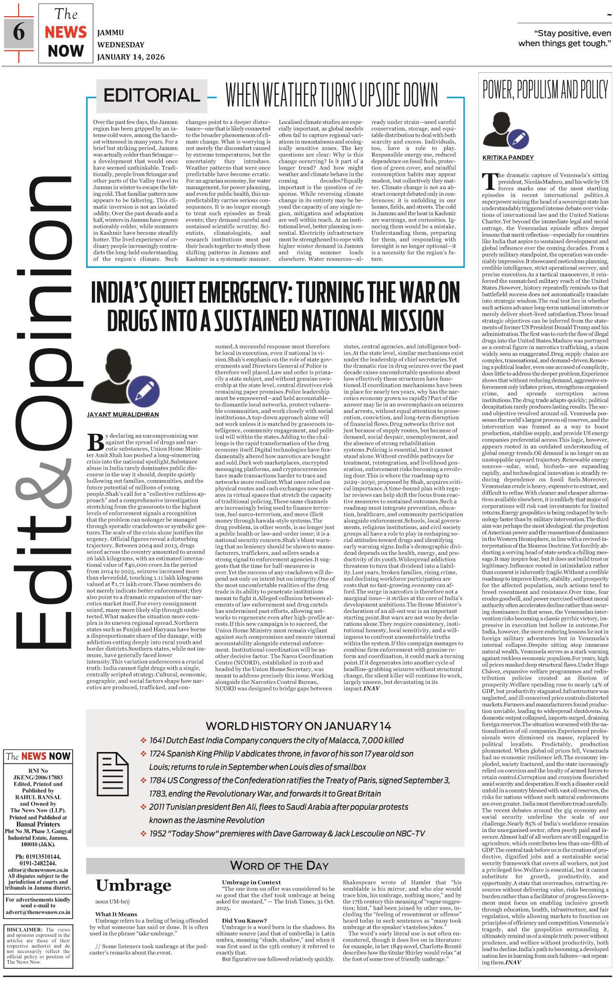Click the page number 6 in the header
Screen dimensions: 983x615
pyautogui.click(x=19, y=32)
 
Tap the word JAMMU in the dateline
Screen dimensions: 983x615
pyautogui.click(x=110, y=33)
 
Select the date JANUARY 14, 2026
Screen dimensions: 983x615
pyautogui.click(x=131, y=57)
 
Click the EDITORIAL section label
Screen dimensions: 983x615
pyautogui.click(x=152, y=95)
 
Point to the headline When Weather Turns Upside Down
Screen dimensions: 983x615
pyautogui.click(x=331, y=95)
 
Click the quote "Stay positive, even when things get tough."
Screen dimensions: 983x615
pyautogui.click(x=565, y=39)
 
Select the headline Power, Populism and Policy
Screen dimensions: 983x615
pyautogui.click(x=545, y=90)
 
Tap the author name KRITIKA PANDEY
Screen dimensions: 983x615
pyautogui.click(x=508, y=158)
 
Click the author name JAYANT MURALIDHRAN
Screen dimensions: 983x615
pyautogui.click(x=123, y=414)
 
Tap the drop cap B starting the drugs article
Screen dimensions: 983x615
pyautogui.click(x=96, y=441)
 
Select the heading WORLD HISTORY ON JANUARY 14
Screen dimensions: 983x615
pyautogui.click(x=298, y=726)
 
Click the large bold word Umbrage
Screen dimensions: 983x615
pyautogui.click(x=133, y=885)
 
